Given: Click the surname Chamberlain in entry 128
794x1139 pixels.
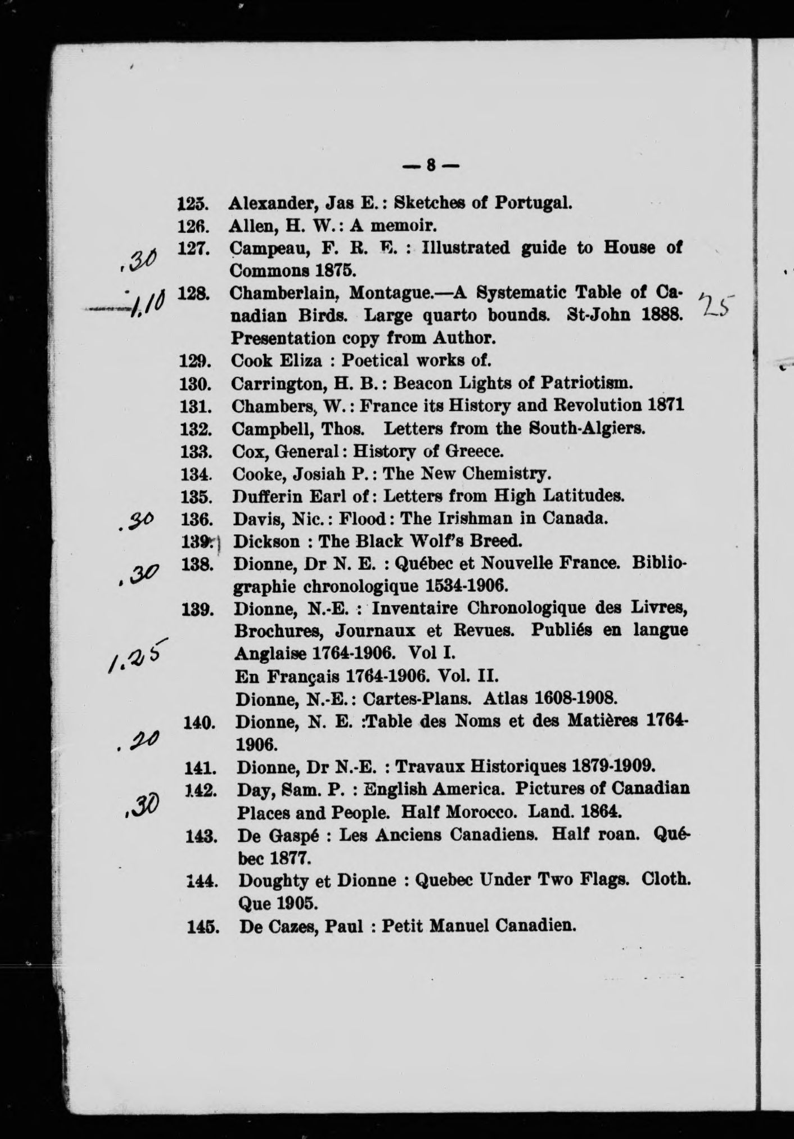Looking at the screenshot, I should pos(285,294).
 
